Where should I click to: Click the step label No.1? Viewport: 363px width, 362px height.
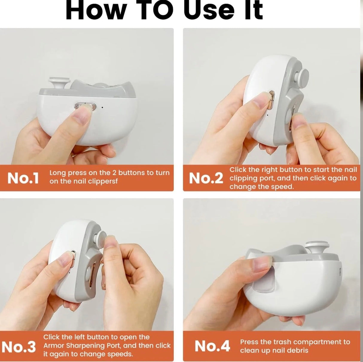coord(23,178)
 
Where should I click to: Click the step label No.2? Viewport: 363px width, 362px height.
coord(206,178)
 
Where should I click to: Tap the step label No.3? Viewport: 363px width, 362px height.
coord(19,347)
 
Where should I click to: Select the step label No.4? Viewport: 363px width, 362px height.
coord(212,346)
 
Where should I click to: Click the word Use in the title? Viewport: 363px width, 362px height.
coord(209,10)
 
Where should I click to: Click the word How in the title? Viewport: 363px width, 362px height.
coord(96,10)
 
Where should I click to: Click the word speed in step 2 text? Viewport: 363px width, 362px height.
coord(284,187)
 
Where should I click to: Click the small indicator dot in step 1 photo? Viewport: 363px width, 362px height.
coord(103,107)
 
